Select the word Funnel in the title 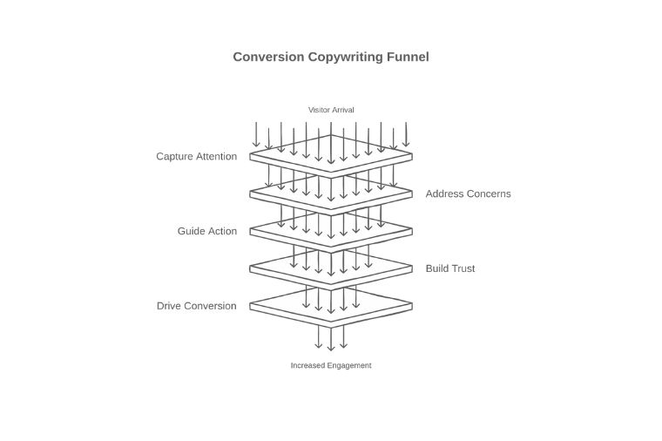pyautogui.click(x=408, y=57)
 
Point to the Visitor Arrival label pyautogui.click(x=331, y=110)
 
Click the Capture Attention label pyautogui.click(x=196, y=157)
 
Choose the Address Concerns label pyautogui.click(x=468, y=193)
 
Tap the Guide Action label pyautogui.click(x=206, y=231)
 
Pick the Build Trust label pyautogui.click(x=450, y=268)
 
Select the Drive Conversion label pyautogui.click(x=196, y=306)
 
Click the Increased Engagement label pyautogui.click(x=331, y=365)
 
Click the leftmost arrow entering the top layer pyautogui.click(x=256, y=135)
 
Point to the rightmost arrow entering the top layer pyautogui.click(x=406, y=135)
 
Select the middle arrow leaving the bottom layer pyautogui.click(x=331, y=338)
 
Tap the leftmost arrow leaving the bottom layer pyautogui.click(x=319, y=336)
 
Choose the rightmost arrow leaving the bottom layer pyautogui.click(x=343, y=336)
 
